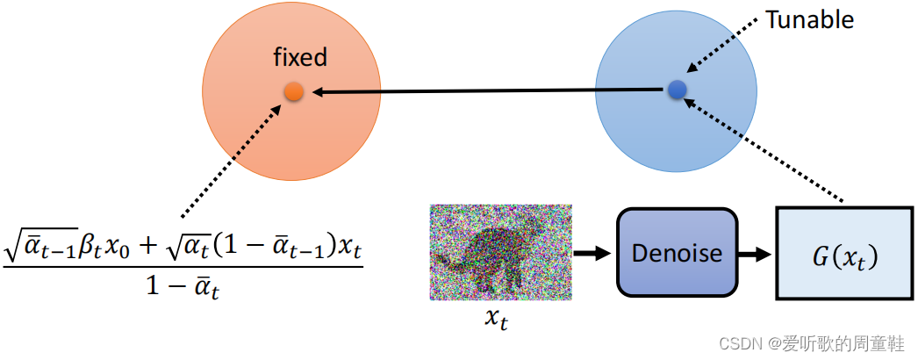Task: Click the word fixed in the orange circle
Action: [300, 59]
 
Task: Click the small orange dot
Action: [294, 91]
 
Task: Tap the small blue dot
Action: [676, 89]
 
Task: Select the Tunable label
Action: [809, 20]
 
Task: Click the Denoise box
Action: [677, 254]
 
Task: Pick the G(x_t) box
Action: [843, 254]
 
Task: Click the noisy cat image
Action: [501, 252]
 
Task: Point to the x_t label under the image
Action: [497, 318]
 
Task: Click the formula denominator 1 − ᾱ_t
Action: [183, 288]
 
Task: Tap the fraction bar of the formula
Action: [183, 268]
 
